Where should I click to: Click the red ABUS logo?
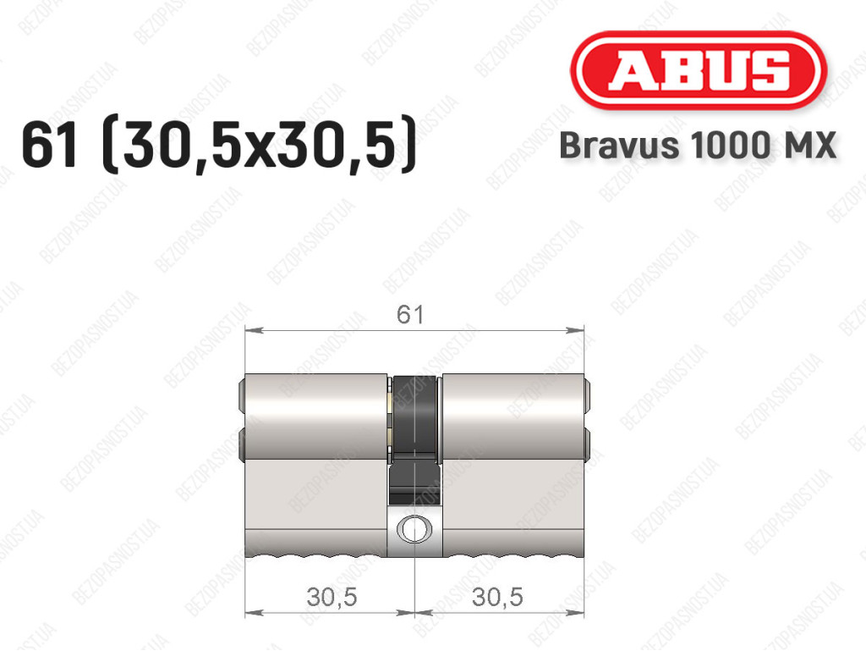click(x=698, y=70)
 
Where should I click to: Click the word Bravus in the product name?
click(x=619, y=146)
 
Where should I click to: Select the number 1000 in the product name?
click(x=726, y=146)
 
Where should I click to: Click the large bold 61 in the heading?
click(x=50, y=145)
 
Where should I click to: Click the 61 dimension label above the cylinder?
click(x=410, y=314)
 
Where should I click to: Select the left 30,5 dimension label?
click(x=332, y=597)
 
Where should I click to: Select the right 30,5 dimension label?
click(x=497, y=597)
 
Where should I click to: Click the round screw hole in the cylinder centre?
click(x=414, y=529)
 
